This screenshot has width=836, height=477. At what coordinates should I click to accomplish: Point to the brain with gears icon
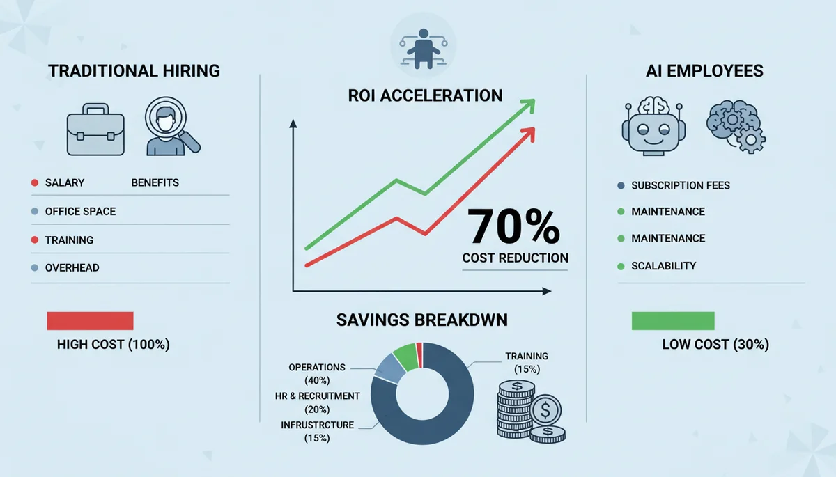tap(734, 126)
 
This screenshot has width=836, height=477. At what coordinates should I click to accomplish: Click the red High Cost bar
tap(90, 321)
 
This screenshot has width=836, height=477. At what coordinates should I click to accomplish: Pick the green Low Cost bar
tap(672, 321)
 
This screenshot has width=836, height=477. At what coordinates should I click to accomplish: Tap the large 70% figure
tap(513, 226)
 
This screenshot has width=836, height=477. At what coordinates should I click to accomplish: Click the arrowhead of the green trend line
tap(529, 104)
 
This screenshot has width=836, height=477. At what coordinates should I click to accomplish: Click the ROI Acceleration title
tap(425, 95)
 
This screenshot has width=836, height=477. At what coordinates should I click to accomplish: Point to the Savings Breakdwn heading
tap(422, 320)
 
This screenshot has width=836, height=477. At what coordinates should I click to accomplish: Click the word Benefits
tap(155, 183)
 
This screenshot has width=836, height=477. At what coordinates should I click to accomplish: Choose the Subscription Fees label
tap(681, 186)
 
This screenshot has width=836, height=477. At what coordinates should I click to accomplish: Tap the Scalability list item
tap(664, 266)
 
